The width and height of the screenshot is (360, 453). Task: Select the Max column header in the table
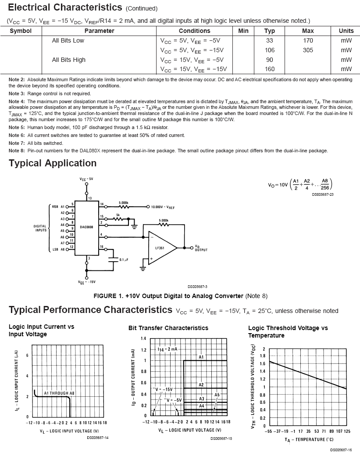click(x=308, y=31)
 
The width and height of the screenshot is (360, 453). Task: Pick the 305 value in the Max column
click(x=308, y=50)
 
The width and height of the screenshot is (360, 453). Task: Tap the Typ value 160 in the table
click(x=270, y=69)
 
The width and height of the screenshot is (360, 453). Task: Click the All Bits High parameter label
click(x=68, y=60)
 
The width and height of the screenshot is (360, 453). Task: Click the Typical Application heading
click(x=53, y=163)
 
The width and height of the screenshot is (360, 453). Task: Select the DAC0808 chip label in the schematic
click(x=86, y=227)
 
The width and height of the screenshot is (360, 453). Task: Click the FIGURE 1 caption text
click(x=180, y=295)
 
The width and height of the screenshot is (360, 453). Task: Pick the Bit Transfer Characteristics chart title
click(x=168, y=328)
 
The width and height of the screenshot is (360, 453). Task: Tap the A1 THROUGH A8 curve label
click(x=59, y=393)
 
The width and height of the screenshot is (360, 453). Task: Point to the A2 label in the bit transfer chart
click(x=201, y=385)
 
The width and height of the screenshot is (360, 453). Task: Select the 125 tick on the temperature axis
click(x=347, y=431)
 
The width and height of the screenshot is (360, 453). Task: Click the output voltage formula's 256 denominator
click(x=324, y=187)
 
